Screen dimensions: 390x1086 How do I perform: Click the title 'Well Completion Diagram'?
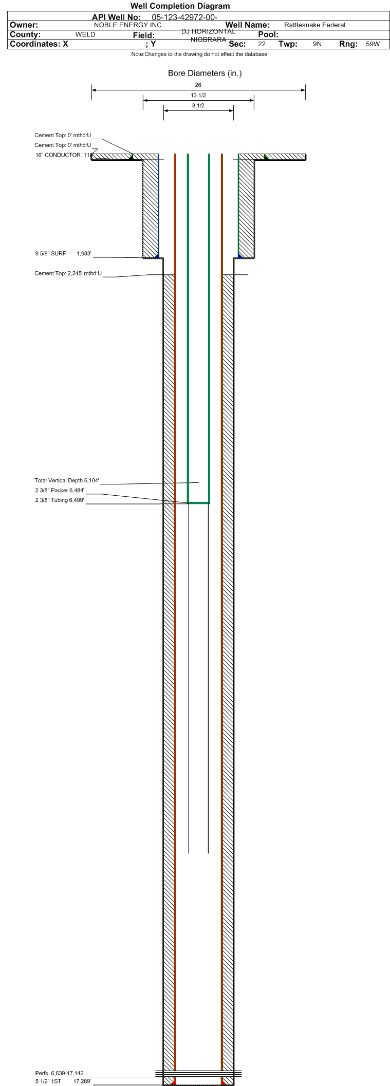pyautogui.click(x=180, y=6)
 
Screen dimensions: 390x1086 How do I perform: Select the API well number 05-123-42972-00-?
pyautogui.click(x=185, y=17)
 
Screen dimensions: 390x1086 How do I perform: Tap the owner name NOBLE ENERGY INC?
pyautogui.click(x=128, y=25)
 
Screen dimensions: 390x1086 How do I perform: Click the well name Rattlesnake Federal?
pyautogui.click(x=314, y=25)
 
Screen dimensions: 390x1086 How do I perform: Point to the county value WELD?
pyautogui.click(x=85, y=34)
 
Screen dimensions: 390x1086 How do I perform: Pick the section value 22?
pyautogui.click(x=262, y=44)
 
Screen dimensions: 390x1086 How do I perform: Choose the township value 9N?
pyautogui.click(x=317, y=44)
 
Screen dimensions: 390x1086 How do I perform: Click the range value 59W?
pyautogui.click(x=373, y=44)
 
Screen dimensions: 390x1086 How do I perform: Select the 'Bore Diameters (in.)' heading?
pyautogui.click(x=205, y=73)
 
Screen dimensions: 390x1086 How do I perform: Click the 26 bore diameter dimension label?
pyautogui.click(x=198, y=85)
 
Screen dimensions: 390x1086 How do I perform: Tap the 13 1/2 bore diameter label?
pyautogui.click(x=198, y=96)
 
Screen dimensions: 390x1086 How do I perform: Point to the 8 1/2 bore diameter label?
pyautogui.click(x=198, y=106)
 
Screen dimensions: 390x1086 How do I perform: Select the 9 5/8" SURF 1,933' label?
pyautogui.click(x=63, y=254)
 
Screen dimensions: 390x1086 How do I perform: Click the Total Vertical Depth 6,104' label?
pyautogui.click(x=67, y=481)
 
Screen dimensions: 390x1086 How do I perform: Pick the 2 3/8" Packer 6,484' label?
pyautogui.click(x=60, y=491)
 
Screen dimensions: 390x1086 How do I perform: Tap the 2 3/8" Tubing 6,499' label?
pyautogui.click(x=60, y=500)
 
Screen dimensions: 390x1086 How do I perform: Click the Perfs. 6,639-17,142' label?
pyautogui.click(x=60, y=1074)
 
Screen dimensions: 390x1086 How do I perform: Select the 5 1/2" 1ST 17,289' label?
pyautogui.click(x=63, y=1081)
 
